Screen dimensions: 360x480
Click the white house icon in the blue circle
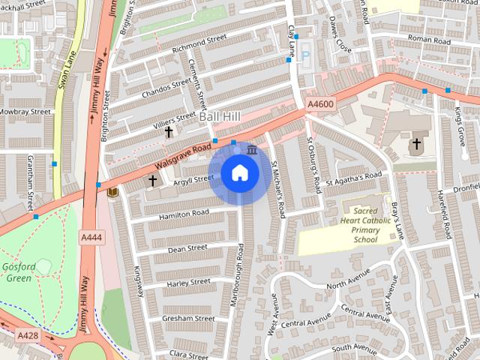tap(239, 173)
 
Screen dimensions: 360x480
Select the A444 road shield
tap(91, 237)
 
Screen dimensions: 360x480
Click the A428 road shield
tap(28, 334)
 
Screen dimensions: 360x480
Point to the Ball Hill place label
tap(220, 117)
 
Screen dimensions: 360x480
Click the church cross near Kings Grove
tap(416, 143)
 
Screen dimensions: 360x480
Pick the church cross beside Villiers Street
tap(169, 132)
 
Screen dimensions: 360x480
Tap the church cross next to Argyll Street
tap(152, 180)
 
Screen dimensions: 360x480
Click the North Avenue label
tap(348, 283)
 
